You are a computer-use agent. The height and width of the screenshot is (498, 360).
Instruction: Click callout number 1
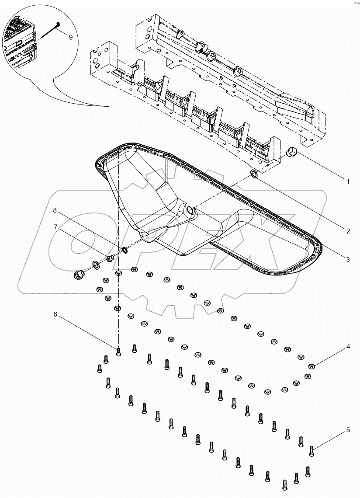(x=348, y=181)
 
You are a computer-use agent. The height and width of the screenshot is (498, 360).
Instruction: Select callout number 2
(x=348, y=231)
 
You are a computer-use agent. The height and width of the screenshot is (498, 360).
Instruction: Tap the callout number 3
(x=348, y=260)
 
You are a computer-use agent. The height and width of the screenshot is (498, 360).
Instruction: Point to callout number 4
(x=348, y=347)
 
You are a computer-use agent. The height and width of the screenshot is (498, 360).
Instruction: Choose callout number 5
(x=348, y=430)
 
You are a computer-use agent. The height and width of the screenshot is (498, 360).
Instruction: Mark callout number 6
(x=55, y=314)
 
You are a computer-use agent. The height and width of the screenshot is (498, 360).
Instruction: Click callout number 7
(x=55, y=226)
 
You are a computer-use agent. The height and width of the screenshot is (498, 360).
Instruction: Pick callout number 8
(x=55, y=210)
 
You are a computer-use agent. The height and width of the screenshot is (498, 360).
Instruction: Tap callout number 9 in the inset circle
(x=70, y=38)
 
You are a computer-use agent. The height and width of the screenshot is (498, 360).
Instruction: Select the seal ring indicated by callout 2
(x=254, y=175)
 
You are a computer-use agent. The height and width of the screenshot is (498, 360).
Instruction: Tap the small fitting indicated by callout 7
(x=111, y=259)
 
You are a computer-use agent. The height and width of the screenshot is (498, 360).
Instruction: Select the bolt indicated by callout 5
(x=312, y=450)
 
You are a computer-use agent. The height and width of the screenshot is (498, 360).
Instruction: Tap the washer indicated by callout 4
(x=312, y=366)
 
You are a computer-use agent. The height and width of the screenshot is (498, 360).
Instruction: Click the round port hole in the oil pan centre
(x=190, y=210)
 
